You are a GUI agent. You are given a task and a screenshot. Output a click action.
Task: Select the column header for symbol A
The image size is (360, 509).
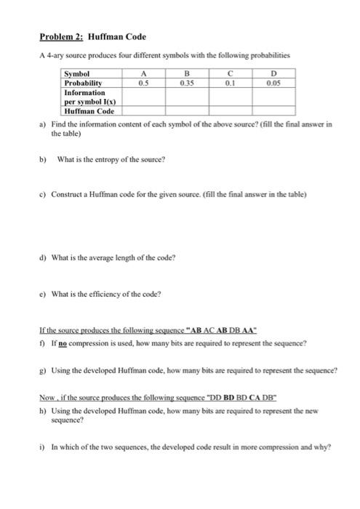[x=144, y=73]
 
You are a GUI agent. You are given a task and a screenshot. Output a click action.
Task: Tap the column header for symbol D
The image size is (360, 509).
[x=273, y=73]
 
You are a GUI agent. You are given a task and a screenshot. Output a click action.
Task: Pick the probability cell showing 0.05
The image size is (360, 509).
[x=273, y=82]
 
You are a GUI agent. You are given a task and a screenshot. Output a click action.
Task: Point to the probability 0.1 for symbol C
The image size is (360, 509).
[x=231, y=82]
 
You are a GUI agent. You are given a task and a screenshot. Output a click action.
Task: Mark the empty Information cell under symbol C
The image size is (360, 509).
[x=231, y=97]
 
